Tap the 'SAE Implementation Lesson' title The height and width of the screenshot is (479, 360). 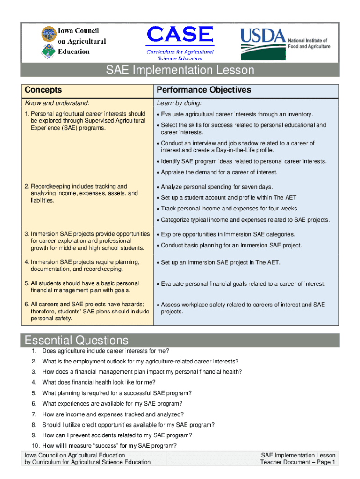180,70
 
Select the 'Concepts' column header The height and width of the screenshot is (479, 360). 43,90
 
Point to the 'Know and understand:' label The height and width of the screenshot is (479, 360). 57,103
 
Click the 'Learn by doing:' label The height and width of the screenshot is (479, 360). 179,103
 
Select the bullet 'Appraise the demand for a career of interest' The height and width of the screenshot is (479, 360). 219,172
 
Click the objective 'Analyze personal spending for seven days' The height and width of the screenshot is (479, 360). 217,187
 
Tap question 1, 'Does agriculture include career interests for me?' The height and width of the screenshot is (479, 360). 106,351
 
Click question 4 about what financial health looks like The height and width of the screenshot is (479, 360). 99,382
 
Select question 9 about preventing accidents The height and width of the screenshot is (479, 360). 117,435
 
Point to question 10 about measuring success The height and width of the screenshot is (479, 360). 109,445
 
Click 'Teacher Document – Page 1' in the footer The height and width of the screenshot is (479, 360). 298,462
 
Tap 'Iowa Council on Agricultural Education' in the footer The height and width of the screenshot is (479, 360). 75,455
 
